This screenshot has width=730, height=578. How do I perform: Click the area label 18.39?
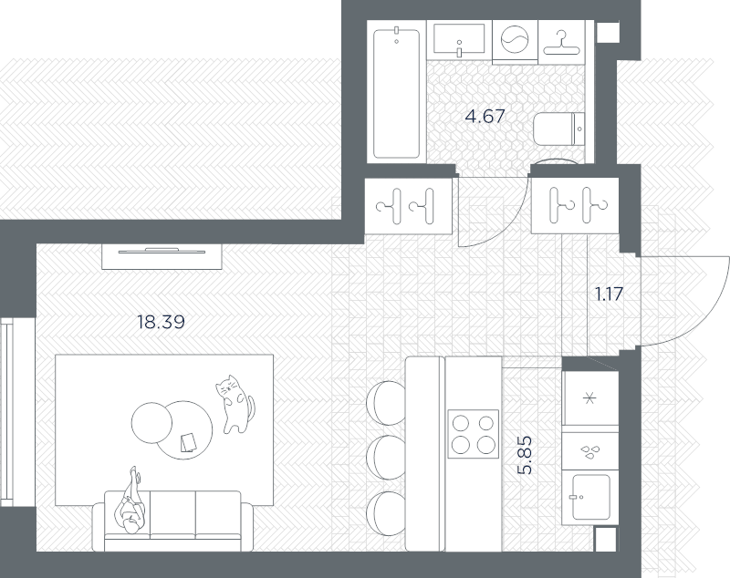tap(162, 322)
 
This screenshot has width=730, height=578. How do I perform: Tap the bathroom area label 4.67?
tap(485, 117)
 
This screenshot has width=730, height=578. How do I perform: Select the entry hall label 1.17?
tap(609, 294)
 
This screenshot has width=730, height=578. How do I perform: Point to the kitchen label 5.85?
tap(525, 455)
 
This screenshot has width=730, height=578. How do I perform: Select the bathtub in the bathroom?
tap(397, 93)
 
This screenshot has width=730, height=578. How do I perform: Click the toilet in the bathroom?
tap(558, 129)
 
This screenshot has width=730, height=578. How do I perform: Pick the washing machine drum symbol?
tap(515, 39)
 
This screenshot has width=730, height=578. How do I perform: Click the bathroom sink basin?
tap(459, 38)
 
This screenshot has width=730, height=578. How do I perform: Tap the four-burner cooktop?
tap(473, 434)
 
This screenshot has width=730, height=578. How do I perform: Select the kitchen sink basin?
tap(590, 497)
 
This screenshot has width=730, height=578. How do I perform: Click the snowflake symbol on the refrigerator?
tap(589, 398)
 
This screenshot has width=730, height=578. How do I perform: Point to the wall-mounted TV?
tap(162, 252)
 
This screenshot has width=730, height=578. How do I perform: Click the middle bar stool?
tap(385, 458)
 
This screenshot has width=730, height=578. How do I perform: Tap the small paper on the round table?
tap(188, 442)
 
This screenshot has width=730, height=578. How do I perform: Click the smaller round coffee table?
tap(151, 423)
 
